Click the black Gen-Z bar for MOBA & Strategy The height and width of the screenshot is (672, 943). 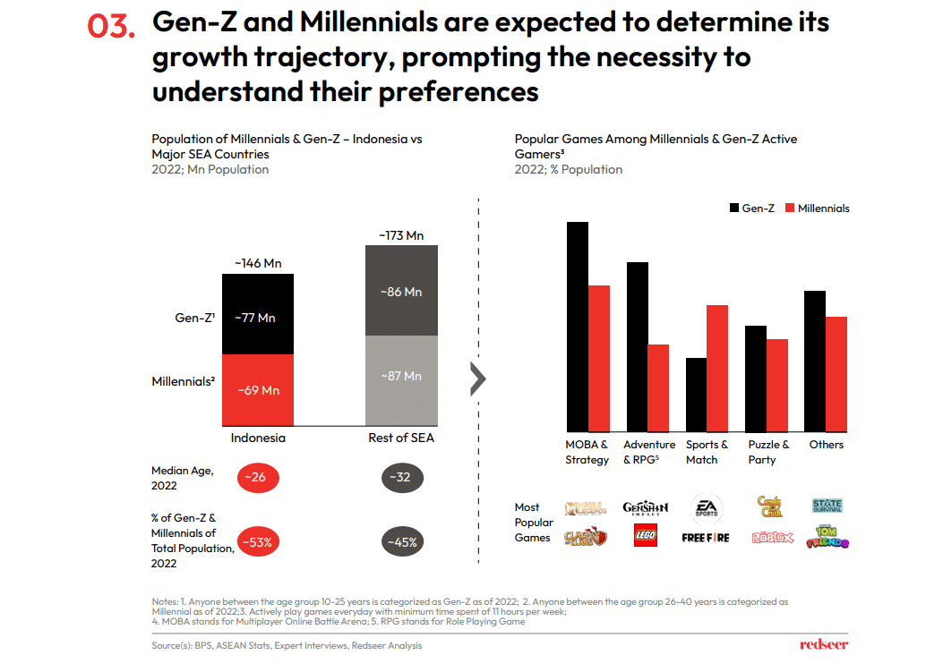tap(578, 327)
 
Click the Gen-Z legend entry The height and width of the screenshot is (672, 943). tap(750, 208)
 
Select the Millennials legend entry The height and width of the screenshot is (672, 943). tap(816, 208)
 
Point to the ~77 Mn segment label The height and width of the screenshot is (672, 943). tap(256, 318)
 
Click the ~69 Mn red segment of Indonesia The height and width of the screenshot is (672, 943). tap(258, 390)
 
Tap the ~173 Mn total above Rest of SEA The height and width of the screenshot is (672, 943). tap(401, 235)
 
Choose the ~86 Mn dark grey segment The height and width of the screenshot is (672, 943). tap(401, 292)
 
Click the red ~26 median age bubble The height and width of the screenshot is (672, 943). tap(258, 478)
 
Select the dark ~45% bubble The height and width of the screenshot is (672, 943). tap(403, 542)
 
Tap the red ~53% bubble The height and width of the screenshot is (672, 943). tap(258, 542)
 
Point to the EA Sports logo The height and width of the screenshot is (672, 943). tap(706, 508)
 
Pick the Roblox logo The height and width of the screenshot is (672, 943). tap(772, 538)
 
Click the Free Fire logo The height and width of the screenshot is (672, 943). tap(706, 538)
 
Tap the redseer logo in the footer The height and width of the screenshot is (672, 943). tap(823, 644)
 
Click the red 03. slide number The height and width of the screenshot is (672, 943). tap(111, 27)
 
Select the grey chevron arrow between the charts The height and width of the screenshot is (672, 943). tap(478, 379)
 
